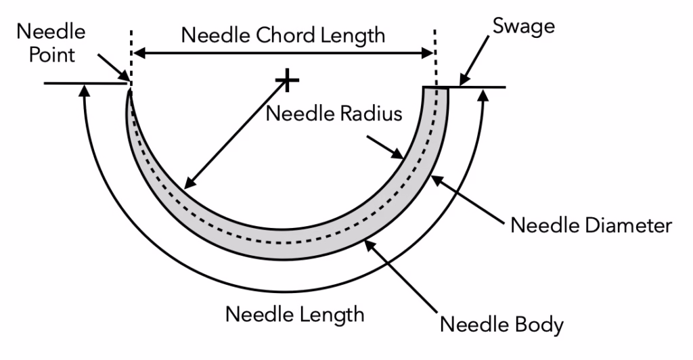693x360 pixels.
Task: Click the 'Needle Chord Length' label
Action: (283, 35)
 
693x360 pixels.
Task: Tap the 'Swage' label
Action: (524, 26)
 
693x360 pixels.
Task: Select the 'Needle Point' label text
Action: (51, 43)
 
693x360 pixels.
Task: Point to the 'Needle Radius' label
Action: (334, 114)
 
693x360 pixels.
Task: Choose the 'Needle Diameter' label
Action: (591, 225)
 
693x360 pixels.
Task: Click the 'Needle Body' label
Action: (501, 325)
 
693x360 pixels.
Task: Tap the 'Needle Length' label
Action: (295, 315)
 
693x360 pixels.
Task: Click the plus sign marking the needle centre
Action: (287, 80)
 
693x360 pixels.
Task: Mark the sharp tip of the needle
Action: (130, 90)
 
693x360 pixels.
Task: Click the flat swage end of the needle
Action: (436, 87)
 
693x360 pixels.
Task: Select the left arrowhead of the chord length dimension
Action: (139, 53)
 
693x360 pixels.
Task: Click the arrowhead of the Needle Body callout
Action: (370, 245)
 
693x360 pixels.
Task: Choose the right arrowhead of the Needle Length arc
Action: (485, 93)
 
